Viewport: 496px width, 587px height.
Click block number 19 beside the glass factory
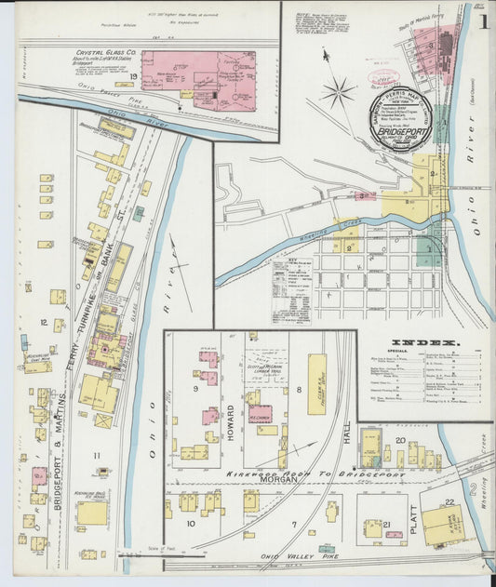[135, 75]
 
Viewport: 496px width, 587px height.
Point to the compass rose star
[339, 91]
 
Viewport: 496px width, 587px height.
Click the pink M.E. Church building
[261, 413]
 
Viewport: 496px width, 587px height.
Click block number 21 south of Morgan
[385, 525]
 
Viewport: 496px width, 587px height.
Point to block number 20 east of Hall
[400, 439]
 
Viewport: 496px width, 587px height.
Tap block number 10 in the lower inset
[190, 524]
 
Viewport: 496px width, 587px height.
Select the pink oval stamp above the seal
[382, 82]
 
